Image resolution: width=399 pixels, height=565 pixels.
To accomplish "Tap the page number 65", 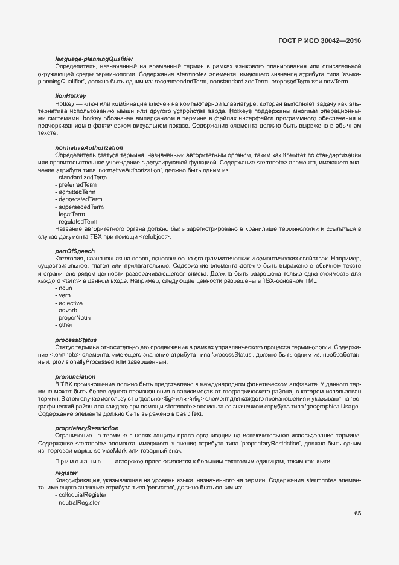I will click(357, 514).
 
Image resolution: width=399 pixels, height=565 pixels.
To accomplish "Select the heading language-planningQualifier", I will click(94, 58).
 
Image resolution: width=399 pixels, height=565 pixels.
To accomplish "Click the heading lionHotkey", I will click(71, 95).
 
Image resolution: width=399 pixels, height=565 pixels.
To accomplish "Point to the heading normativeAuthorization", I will click(89, 148).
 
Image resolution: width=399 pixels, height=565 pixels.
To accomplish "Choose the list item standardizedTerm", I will click(81, 178).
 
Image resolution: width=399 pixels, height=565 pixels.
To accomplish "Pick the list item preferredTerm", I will click(77, 185).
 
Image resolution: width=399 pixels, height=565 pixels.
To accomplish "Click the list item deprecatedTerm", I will click(80, 199).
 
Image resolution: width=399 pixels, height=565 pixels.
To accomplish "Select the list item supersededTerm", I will click(81, 207).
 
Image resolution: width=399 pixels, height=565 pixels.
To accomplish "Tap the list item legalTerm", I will click(71, 215).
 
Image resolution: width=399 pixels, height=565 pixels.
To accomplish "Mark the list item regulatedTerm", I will click(77, 222).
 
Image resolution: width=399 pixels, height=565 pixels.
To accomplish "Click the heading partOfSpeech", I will click(75, 251).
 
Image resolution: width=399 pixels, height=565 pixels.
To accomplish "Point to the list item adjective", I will click(70, 303).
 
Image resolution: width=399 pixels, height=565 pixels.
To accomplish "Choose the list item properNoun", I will click(74, 317).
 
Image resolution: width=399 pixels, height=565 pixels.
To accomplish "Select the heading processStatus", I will click(75, 340).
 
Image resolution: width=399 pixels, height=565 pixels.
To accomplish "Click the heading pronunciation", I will click(75, 376).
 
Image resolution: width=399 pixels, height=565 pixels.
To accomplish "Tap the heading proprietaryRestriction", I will click(87, 428).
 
